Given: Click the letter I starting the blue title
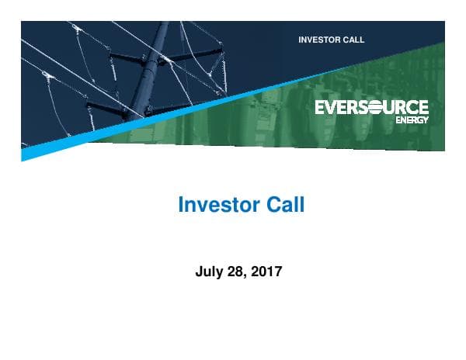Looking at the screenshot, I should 181,206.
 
